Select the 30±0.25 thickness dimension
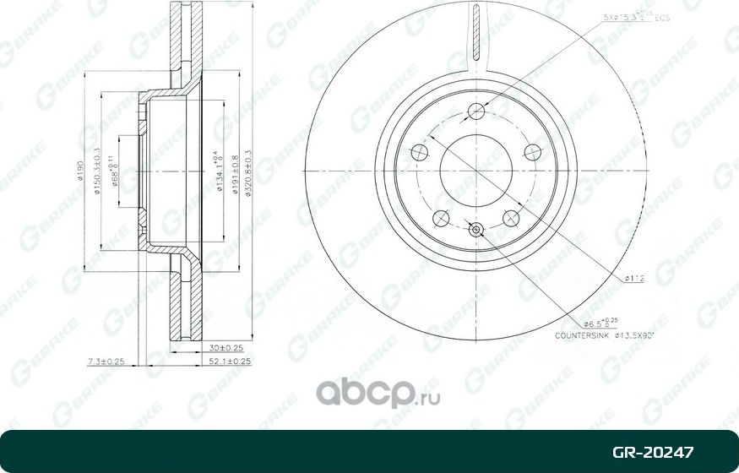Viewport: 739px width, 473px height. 226,347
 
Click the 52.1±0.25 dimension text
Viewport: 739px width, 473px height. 226,362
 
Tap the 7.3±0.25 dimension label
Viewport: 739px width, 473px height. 105,362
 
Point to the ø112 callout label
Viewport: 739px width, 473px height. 635,277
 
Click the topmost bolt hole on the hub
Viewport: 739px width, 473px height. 476,111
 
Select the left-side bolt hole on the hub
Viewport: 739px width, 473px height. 419,152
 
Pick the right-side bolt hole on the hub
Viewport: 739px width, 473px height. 533,152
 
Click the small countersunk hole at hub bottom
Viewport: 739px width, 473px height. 476,229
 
